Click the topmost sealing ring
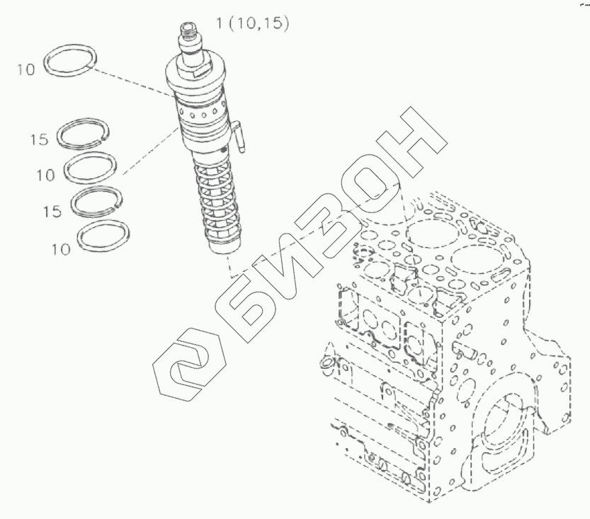(x=70, y=59)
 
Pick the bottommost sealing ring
(x=103, y=236)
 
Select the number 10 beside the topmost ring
(x=25, y=69)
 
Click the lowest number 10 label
(x=61, y=249)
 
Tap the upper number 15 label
(x=40, y=140)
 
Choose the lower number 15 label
(x=52, y=212)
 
